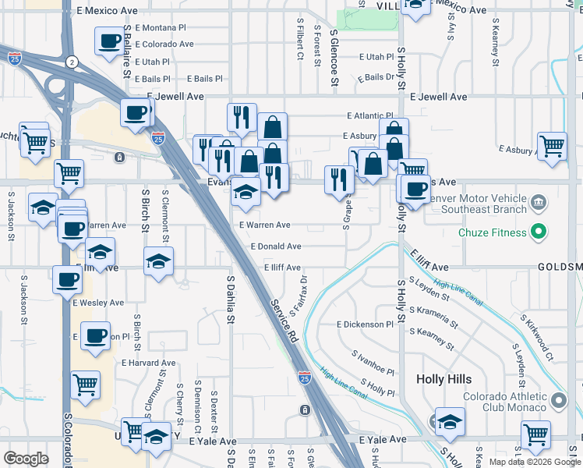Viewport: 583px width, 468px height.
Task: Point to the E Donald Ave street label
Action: (276, 246)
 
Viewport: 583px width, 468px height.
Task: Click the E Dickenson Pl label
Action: (365, 324)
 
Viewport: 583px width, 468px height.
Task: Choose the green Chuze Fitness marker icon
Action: (538, 231)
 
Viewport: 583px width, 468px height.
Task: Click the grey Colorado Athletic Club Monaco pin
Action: (558, 401)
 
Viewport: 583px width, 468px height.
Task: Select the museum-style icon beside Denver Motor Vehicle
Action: (538, 204)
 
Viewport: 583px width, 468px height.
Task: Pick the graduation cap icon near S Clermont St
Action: (158, 261)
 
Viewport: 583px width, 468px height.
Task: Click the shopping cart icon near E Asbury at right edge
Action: (552, 145)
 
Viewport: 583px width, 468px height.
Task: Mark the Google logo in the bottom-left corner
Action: (26, 459)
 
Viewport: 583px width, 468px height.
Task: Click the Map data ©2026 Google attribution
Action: (535, 462)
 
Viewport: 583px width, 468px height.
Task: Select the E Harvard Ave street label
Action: (148, 363)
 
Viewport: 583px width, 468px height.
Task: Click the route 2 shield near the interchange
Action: (72, 61)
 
